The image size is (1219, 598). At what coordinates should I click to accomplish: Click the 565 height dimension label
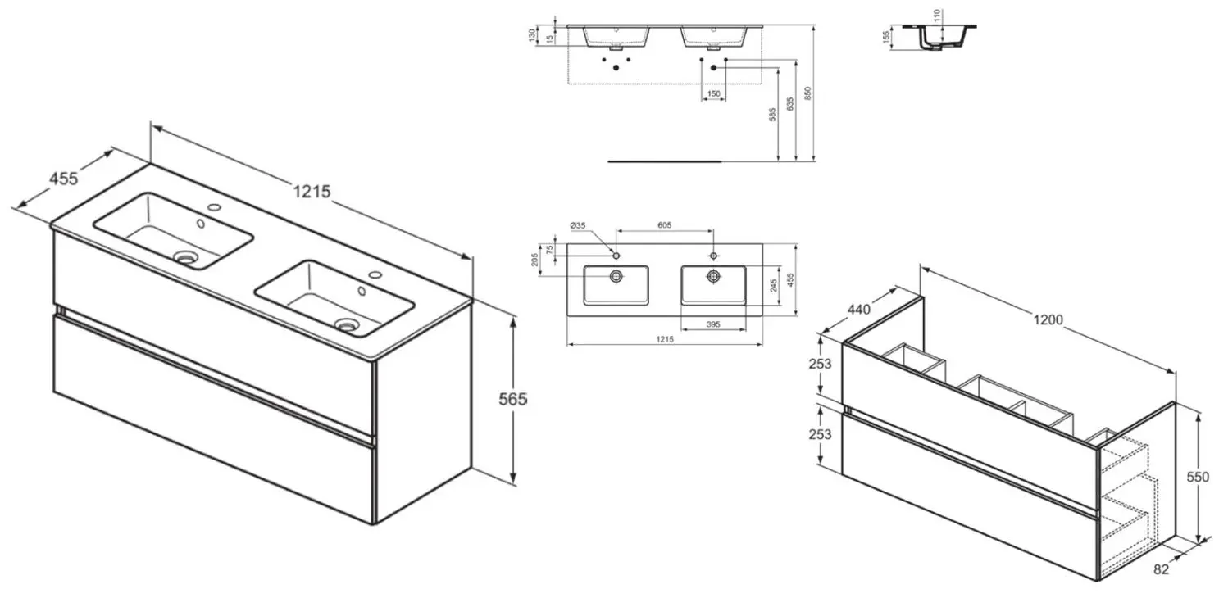click(513, 399)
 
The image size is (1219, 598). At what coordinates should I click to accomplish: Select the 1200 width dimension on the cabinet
click(1058, 320)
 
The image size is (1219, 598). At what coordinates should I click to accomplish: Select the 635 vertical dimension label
click(789, 106)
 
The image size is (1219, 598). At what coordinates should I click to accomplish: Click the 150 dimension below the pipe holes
click(713, 94)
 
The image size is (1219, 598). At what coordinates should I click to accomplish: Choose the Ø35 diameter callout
click(578, 226)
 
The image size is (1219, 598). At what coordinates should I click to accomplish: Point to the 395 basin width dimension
click(712, 325)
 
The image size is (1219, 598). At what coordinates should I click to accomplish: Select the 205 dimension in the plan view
click(534, 259)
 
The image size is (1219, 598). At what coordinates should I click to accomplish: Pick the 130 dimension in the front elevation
click(533, 34)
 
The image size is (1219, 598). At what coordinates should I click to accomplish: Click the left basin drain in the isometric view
click(188, 257)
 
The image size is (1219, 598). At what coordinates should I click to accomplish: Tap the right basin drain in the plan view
click(713, 276)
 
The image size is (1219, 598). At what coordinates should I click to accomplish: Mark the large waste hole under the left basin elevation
click(616, 68)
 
